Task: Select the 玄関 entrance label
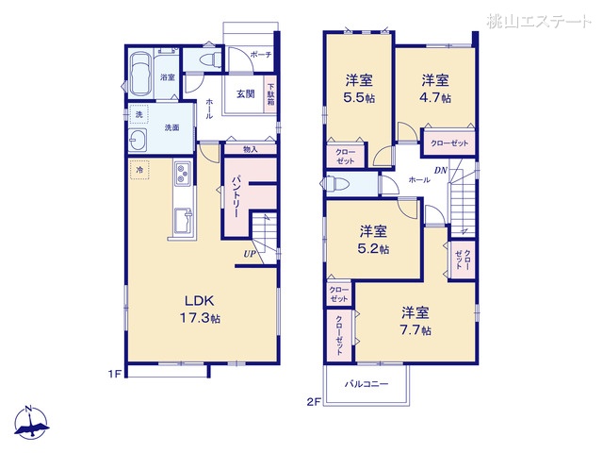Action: click(245, 94)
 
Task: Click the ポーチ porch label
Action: click(261, 56)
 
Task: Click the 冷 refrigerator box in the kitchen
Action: click(140, 169)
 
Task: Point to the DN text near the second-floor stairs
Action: click(440, 171)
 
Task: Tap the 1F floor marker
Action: click(114, 374)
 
